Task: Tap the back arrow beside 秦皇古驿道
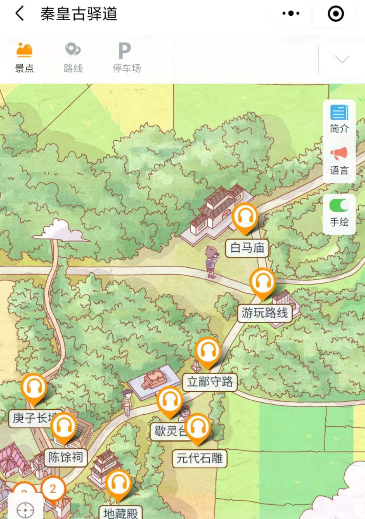coord(20,14)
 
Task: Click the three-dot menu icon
coord(291,14)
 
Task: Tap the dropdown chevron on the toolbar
coord(342,60)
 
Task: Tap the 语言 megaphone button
coord(339,161)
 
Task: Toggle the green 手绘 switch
coord(339,205)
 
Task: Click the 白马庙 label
coord(247,248)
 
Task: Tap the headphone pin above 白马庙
coord(245,217)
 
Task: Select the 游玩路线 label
coord(265,313)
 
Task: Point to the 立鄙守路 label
coord(210,382)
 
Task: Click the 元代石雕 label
coord(200,459)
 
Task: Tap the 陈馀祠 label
coord(66,457)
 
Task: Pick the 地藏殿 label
coord(120,513)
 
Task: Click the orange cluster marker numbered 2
coord(53,489)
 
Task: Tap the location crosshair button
coord(25,510)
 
